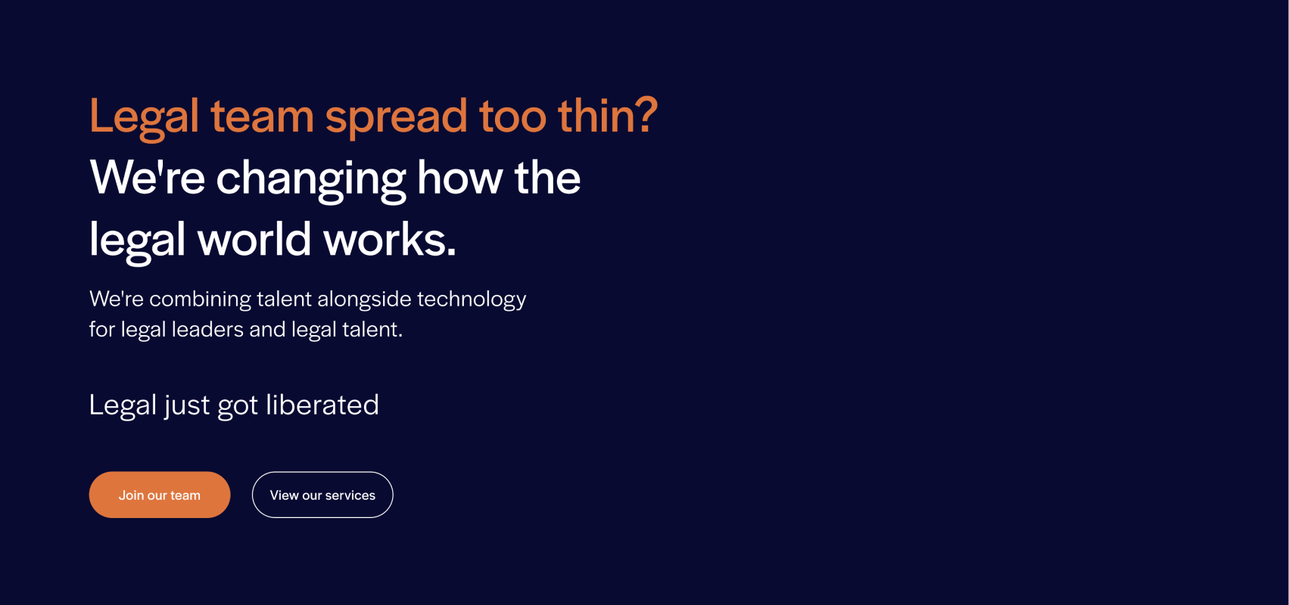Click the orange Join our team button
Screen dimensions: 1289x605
[160, 495]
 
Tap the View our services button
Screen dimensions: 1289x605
[322, 495]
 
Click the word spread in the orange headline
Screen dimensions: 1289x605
[396, 117]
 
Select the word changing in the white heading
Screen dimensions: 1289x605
[311, 180]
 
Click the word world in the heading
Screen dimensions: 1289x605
[254, 238]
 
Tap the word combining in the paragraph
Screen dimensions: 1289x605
[201, 299]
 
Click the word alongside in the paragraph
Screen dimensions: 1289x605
[364, 299]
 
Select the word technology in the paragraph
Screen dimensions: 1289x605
[472, 299]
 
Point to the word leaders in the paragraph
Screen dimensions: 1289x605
[207, 329]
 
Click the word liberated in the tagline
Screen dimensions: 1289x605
[322, 404]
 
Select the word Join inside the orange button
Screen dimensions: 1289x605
[131, 495]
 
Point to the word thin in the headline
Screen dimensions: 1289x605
[596, 114]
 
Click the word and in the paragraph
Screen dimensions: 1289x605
[267, 329]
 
